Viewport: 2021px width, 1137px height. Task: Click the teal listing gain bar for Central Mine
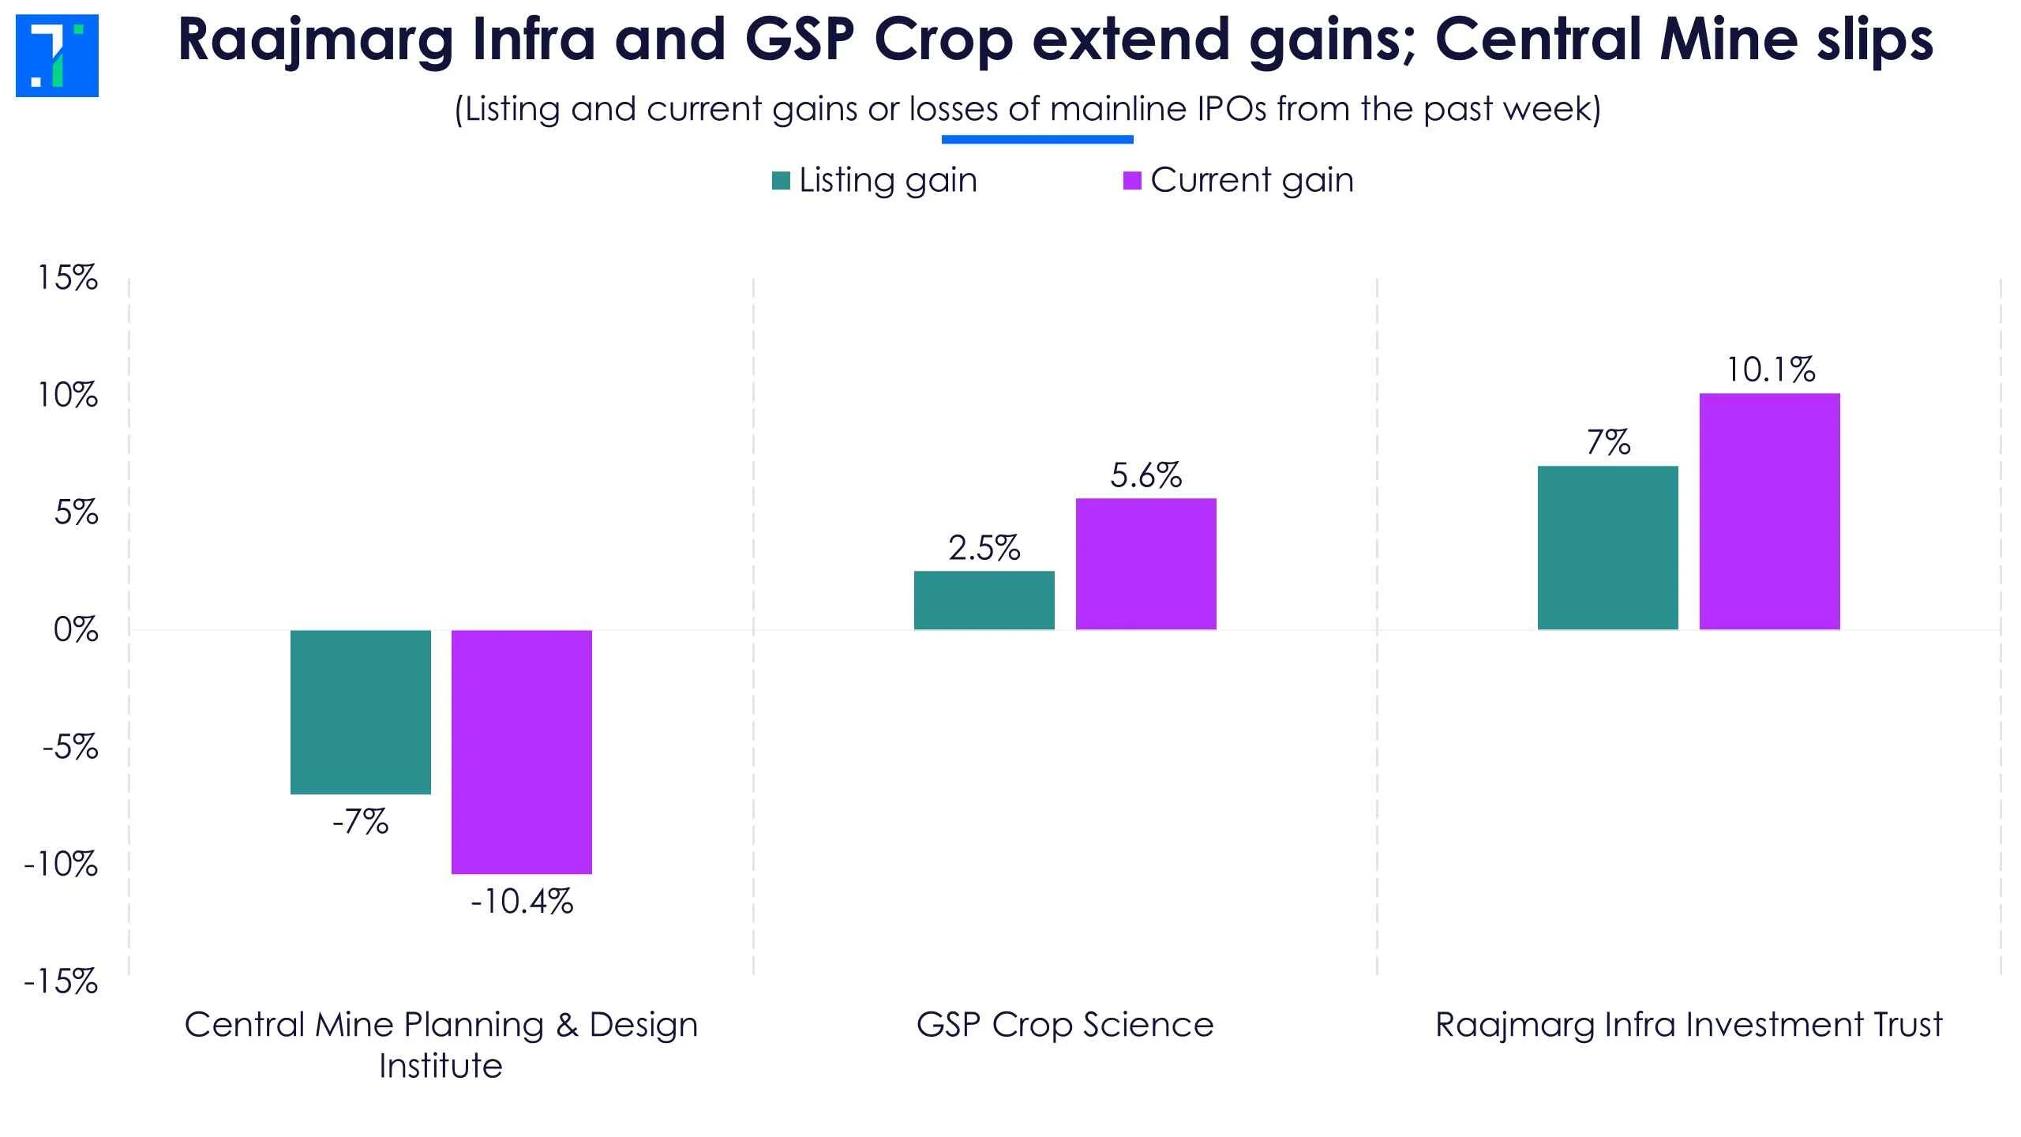pos(361,711)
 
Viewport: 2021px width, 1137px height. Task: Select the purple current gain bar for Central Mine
pos(522,752)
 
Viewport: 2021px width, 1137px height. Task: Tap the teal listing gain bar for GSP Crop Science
pos(984,600)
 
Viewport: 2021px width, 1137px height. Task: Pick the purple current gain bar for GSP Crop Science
pos(1145,564)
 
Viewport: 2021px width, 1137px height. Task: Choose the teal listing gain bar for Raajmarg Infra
pos(1608,548)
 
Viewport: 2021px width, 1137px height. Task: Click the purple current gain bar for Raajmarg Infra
pos(1769,512)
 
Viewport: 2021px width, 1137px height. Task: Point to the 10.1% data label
pos(1771,370)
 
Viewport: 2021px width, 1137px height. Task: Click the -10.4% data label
pos(522,902)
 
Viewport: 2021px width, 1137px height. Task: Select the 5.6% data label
pos(1145,475)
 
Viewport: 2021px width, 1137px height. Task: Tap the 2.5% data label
pos(984,548)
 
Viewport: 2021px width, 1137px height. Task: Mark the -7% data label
pos(361,823)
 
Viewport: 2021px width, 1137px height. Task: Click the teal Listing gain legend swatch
pos(781,181)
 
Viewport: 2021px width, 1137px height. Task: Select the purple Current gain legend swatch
pos(1132,181)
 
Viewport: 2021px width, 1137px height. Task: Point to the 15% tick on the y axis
pos(69,278)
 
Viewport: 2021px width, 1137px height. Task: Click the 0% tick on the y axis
pos(76,630)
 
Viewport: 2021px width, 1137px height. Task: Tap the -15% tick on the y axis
pos(62,982)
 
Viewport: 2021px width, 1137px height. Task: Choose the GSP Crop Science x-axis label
pos(1065,1025)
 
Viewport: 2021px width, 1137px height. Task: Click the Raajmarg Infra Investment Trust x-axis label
pos(1689,1025)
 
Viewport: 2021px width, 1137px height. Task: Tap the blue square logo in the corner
pos(57,56)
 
